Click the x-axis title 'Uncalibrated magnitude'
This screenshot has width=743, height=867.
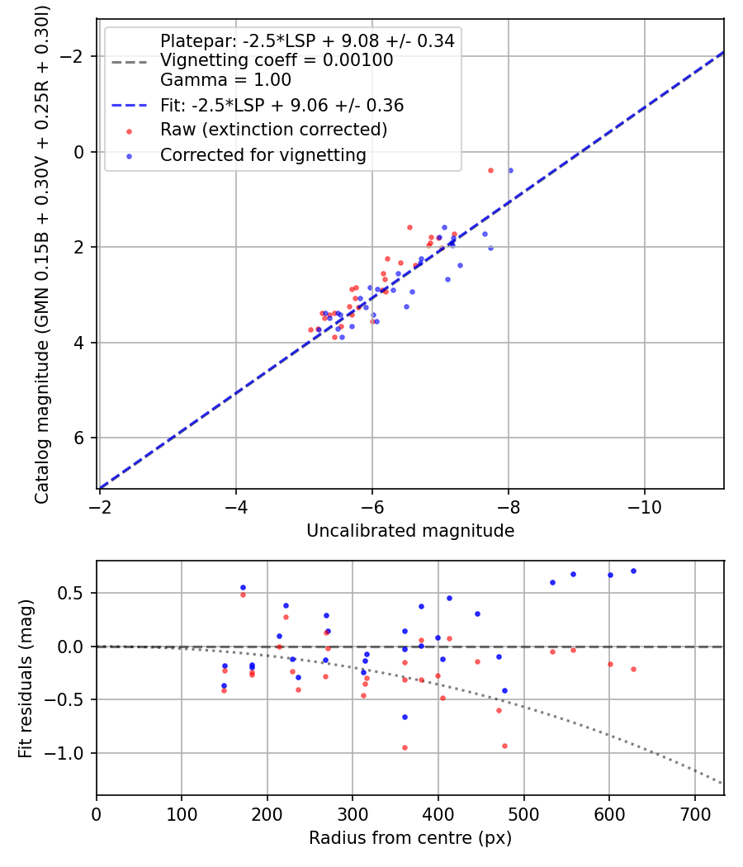(x=410, y=531)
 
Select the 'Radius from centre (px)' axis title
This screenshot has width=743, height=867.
(x=410, y=838)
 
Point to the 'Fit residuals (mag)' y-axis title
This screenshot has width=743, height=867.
(x=26, y=678)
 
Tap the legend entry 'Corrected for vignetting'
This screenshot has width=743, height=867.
(x=263, y=154)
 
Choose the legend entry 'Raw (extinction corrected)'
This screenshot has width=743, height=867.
(x=273, y=130)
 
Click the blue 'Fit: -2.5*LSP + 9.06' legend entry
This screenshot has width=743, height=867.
(x=282, y=106)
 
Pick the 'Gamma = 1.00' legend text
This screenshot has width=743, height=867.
(x=225, y=81)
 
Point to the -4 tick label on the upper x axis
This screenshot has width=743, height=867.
(x=236, y=506)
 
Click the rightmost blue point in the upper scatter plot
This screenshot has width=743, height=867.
(x=510, y=170)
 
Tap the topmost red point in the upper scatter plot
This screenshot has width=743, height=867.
(x=490, y=170)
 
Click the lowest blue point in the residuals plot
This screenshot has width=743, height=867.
(x=405, y=717)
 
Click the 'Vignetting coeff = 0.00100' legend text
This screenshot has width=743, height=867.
(x=277, y=60)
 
